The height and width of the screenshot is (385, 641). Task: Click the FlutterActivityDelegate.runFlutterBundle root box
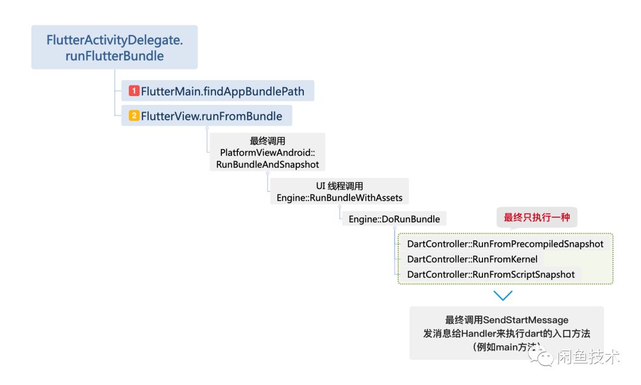click(114, 47)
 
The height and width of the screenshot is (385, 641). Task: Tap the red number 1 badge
click(134, 91)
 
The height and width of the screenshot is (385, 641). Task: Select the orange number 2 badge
click(134, 116)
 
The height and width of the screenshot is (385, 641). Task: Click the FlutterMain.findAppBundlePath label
click(223, 91)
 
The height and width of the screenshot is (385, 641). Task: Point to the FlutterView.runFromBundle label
click(211, 116)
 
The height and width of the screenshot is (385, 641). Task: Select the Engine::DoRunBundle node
click(394, 219)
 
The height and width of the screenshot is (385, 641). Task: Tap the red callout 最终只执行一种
click(537, 218)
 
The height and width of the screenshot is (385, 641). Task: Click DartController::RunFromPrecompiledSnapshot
click(505, 244)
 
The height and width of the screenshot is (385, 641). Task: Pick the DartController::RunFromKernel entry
click(472, 259)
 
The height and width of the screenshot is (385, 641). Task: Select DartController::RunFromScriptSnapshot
click(491, 275)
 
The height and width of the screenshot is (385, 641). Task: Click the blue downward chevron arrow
click(503, 295)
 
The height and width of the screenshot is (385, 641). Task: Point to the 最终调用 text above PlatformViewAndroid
click(268, 141)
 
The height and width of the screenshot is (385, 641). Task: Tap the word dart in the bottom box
click(542, 333)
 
